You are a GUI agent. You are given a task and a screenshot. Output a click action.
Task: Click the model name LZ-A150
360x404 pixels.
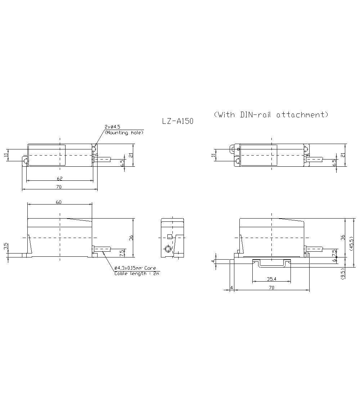click(177, 121)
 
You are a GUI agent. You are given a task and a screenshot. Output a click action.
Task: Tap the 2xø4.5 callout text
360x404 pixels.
click(112, 127)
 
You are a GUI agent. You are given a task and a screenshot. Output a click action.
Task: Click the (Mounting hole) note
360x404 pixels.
click(124, 133)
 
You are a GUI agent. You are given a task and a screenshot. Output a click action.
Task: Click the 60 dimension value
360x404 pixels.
click(59, 202)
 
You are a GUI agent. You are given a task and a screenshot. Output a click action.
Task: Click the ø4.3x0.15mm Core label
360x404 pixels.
click(135, 268)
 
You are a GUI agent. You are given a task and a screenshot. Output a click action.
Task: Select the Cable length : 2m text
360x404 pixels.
click(136, 273)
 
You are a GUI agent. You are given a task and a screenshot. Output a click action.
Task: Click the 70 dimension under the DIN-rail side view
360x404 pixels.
click(271, 288)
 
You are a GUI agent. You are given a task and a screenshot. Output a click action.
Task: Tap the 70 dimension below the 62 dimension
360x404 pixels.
click(59, 187)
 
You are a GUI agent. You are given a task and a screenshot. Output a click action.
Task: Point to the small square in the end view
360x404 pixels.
click(169, 236)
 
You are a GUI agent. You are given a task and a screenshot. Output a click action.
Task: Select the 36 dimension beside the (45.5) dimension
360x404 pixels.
click(343, 237)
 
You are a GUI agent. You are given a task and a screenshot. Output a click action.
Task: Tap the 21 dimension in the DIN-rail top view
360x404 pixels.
click(343, 155)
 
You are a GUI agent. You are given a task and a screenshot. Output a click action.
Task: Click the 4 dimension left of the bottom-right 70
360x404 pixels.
click(231, 288)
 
